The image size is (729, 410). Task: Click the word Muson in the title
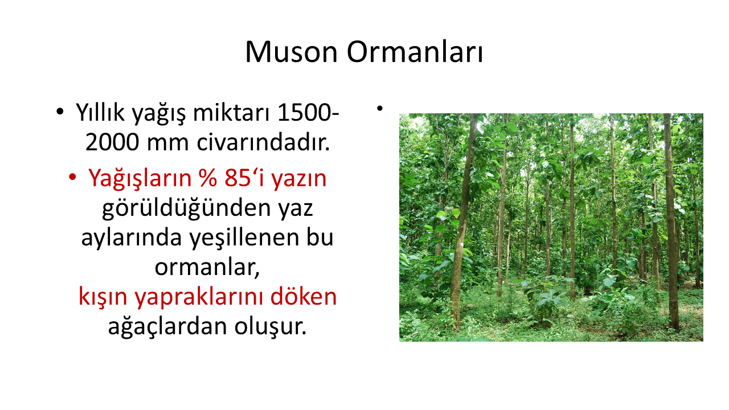291,52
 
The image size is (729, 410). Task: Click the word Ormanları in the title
415,52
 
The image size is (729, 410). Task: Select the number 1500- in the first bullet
308,113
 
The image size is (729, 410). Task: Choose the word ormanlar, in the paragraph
207,268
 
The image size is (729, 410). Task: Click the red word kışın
103,298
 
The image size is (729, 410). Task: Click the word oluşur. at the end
271,327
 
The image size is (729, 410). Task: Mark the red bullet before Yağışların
72,178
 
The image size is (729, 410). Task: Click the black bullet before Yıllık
60,112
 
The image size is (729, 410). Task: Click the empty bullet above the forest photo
379,109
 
